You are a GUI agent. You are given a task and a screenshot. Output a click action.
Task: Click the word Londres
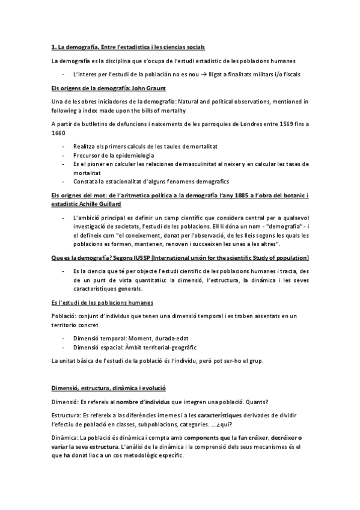(239, 124)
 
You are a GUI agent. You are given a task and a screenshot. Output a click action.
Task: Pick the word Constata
(85, 181)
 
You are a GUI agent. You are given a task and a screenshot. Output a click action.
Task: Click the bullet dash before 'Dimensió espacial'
(63, 347)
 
